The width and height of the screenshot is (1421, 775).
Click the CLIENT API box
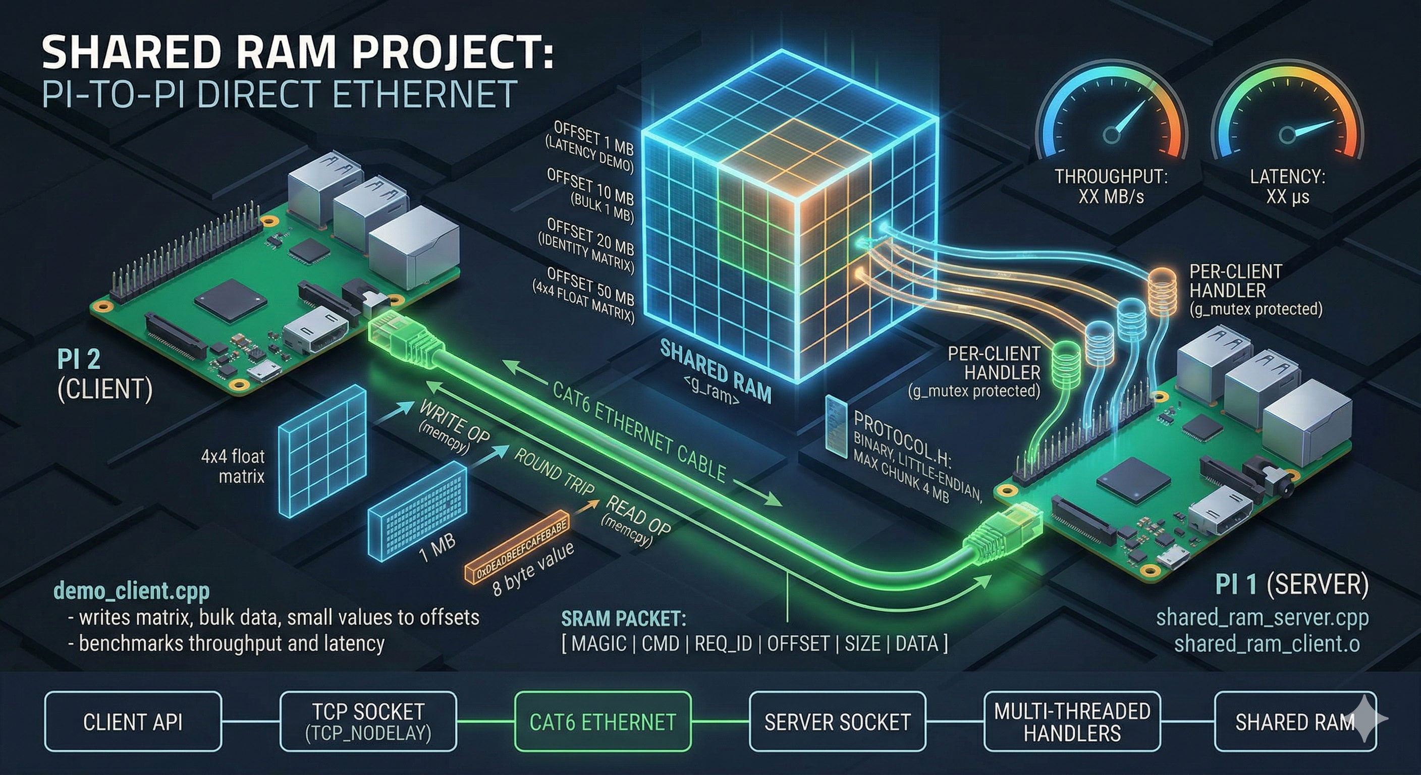point(132,722)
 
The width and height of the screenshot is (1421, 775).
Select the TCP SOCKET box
point(368,722)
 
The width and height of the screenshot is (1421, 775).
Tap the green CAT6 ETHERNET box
point(603,722)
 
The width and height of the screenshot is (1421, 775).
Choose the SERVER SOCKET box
point(837,722)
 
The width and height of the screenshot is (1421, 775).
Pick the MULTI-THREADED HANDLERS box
point(1072,722)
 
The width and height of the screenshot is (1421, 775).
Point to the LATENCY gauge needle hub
point(1287,135)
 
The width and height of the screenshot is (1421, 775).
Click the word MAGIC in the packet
point(598,644)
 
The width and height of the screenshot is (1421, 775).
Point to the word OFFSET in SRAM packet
point(798,644)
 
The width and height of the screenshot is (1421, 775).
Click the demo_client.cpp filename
point(131,591)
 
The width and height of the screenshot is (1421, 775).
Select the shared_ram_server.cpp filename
point(1262,617)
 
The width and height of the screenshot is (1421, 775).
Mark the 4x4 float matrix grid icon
point(323,450)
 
